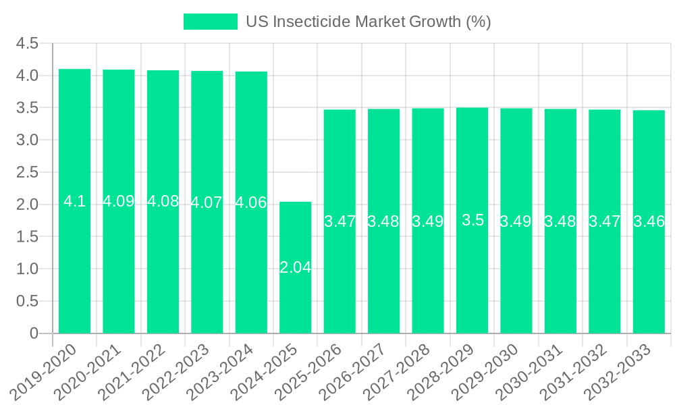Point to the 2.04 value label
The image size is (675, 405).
296,267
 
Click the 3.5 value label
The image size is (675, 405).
473,220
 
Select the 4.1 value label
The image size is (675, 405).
75,201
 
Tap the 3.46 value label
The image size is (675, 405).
649,221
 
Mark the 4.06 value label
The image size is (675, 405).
251,202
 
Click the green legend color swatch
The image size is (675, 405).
211,22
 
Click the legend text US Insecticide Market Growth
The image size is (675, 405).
368,22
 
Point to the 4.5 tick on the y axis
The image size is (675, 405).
27,44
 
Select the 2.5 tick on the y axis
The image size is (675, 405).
27,173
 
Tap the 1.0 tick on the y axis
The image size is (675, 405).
27,269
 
